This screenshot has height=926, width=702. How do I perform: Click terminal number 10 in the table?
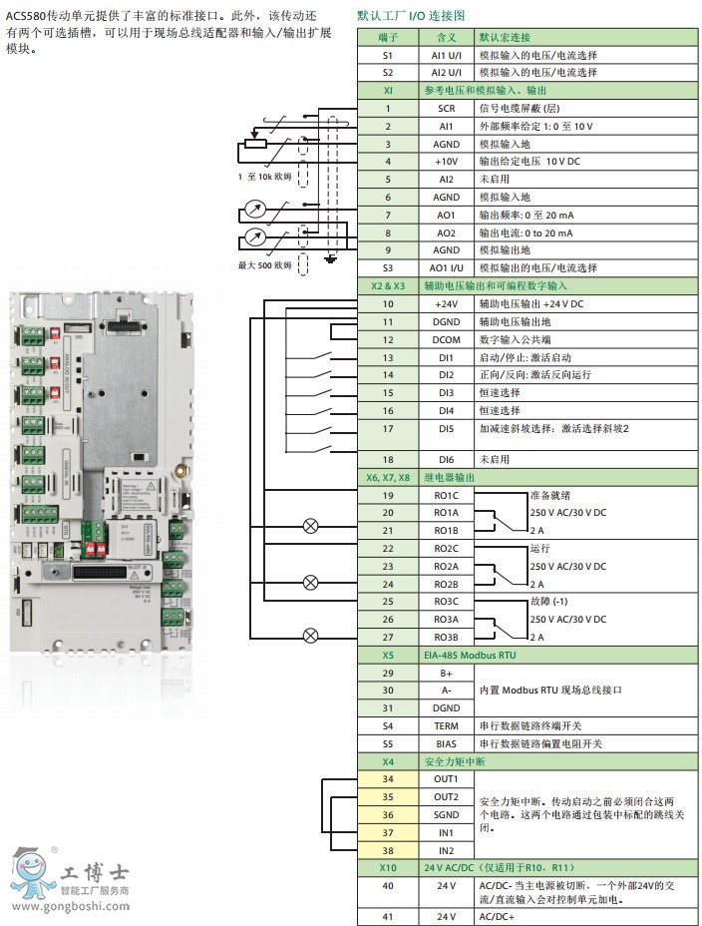[387, 303]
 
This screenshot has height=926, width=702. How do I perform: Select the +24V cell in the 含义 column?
[446, 303]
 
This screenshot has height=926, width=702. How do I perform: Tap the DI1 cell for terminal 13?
[446, 357]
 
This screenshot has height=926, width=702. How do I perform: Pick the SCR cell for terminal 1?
[446, 108]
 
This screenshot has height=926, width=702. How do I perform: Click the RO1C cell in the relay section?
[446, 496]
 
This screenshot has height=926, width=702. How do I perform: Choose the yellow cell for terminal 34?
[387, 779]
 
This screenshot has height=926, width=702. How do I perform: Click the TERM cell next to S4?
[446, 726]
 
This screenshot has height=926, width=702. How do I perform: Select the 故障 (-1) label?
[549, 601]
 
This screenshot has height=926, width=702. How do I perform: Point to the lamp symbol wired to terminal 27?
[311, 634]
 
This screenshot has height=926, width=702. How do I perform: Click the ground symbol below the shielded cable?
[331, 260]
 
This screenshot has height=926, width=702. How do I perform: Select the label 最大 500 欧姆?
[264, 265]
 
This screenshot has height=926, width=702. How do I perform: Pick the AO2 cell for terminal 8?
[446, 232]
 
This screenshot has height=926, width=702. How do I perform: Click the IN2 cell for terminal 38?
[446, 850]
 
